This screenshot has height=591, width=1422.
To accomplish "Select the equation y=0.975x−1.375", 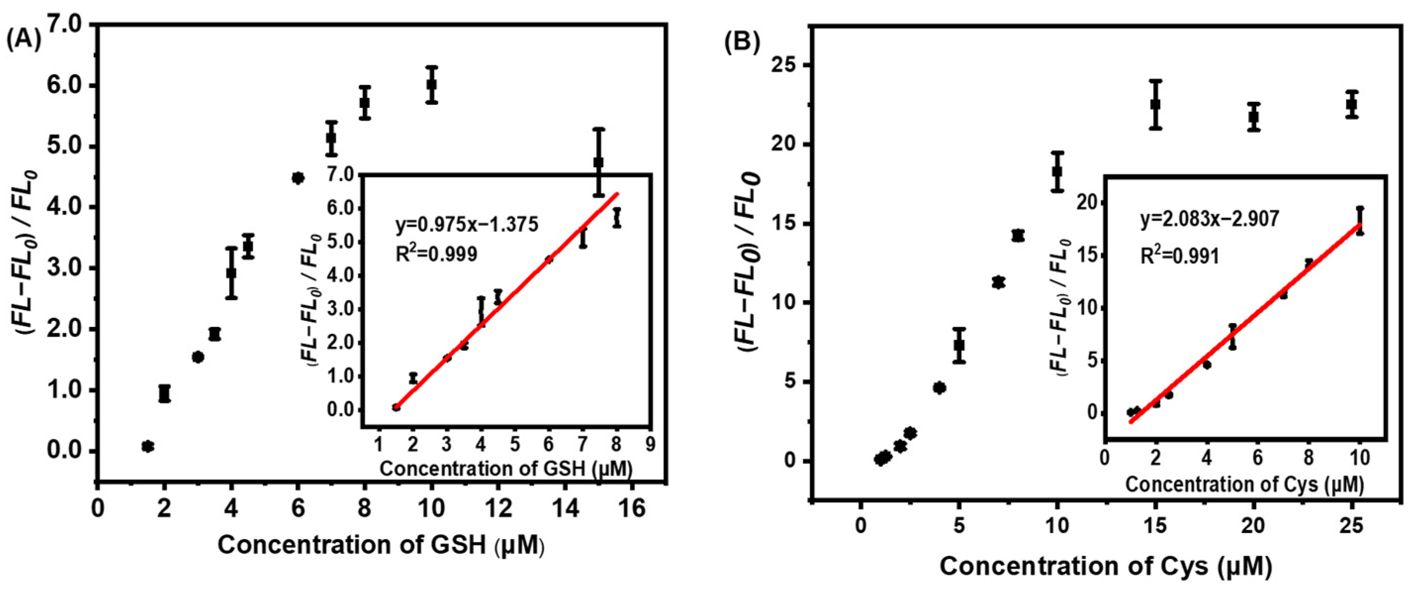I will tap(466, 225).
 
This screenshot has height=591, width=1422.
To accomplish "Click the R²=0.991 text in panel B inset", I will tap(1180, 256).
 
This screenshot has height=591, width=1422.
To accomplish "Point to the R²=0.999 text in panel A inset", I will tap(436, 254).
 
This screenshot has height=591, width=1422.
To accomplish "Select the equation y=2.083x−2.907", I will tap(1209, 219).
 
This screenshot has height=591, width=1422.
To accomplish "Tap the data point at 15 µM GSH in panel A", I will tap(598, 162).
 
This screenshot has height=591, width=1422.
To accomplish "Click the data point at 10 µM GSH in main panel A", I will tap(432, 85).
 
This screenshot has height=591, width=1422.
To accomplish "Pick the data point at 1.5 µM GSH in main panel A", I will tap(147, 446).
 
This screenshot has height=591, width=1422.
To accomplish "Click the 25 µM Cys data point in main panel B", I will tap(1351, 104).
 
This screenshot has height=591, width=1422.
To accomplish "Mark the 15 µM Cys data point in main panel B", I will tap(1155, 104).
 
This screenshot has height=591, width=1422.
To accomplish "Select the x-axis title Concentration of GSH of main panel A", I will tap(381, 545).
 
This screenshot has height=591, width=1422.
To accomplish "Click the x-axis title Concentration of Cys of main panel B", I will tap(1105, 566).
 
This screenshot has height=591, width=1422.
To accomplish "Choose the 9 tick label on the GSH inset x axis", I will tap(651, 444).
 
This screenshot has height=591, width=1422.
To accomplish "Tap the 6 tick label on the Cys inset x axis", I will tap(1257, 458).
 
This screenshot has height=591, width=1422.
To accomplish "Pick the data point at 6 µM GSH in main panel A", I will tap(298, 178).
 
